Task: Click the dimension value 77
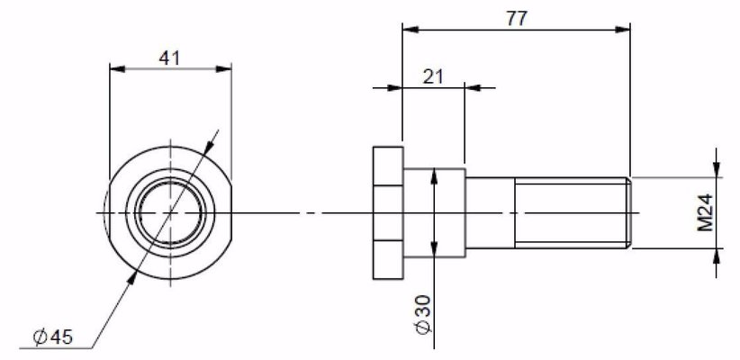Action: click(x=516, y=16)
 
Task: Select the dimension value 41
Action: click(x=169, y=57)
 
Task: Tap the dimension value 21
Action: click(x=433, y=76)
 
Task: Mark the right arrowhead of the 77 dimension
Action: click(x=623, y=30)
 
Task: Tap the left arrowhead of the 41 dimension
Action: click(x=115, y=68)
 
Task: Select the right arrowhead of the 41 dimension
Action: click(x=225, y=68)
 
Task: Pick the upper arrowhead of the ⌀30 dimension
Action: click(x=435, y=176)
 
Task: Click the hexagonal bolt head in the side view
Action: click(x=386, y=212)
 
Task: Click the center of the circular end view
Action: click(x=169, y=212)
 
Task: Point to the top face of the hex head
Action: click(x=386, y=146)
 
